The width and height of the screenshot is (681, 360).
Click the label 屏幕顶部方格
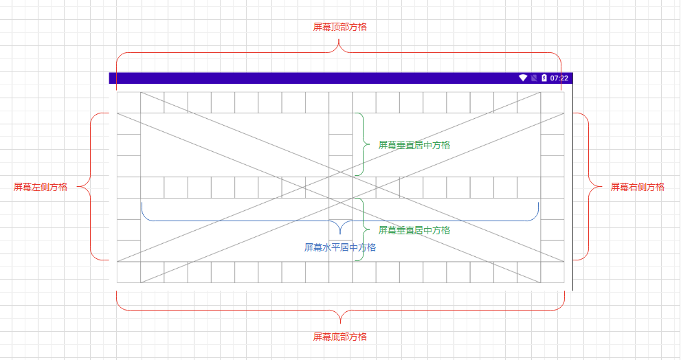pos(340,27)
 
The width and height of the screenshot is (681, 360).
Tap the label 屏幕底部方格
pos(340,337)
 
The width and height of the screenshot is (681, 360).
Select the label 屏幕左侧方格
pos(41,187)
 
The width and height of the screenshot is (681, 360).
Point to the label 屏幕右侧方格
pos(638,187)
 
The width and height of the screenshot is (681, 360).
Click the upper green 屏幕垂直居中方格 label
pos(414,145)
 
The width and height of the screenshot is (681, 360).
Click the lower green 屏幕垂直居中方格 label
pos(414,230)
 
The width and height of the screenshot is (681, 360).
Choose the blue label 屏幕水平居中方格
pos(340,247)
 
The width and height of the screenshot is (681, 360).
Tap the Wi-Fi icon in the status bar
pos(523,78)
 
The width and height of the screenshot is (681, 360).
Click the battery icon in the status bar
pos(544,78)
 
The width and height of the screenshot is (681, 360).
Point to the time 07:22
pos(559,78)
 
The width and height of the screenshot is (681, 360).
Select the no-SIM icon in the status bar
pos(533,78)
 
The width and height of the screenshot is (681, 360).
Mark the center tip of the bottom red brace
pos(341,322)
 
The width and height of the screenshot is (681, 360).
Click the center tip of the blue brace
pos(340,234)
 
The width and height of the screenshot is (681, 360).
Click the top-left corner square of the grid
pos(129,102)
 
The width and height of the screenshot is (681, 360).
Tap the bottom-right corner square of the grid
pos(552,272)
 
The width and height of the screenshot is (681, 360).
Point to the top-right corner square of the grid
pos(552,102)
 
